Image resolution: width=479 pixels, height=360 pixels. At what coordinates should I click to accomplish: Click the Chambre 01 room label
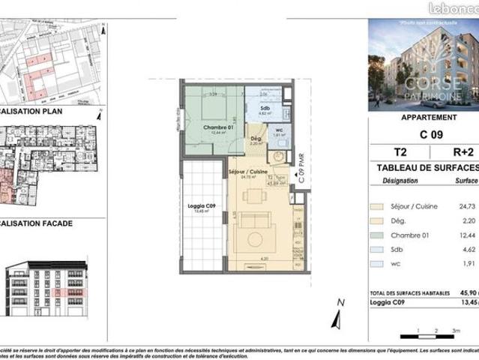pos(205,127)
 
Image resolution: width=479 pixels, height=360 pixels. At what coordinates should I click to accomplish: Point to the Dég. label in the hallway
pos(255,139)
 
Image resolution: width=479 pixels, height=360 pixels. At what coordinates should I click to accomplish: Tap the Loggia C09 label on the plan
pos(198,206)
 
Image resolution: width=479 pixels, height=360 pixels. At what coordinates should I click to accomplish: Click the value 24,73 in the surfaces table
pos(469,205)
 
